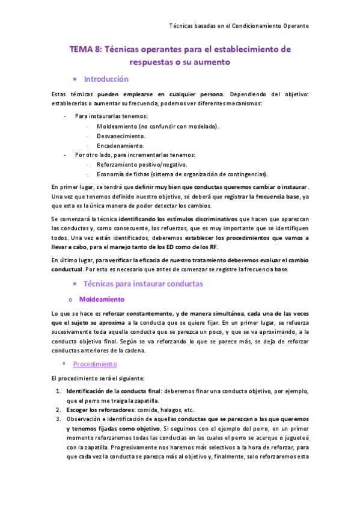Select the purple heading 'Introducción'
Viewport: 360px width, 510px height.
[106, 79]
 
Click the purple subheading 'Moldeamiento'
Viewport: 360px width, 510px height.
[102, 299]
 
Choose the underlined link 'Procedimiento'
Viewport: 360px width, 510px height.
[95, 364]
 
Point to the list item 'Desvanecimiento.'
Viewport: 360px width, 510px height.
[121, 136]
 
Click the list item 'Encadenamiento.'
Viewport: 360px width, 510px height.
[120, 146]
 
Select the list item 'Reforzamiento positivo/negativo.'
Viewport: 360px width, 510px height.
[142, 164]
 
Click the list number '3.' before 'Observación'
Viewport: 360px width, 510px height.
[58, 419]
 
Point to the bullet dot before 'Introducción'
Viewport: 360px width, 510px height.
[74, 79]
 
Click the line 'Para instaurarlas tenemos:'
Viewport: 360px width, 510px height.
[111, 117]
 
